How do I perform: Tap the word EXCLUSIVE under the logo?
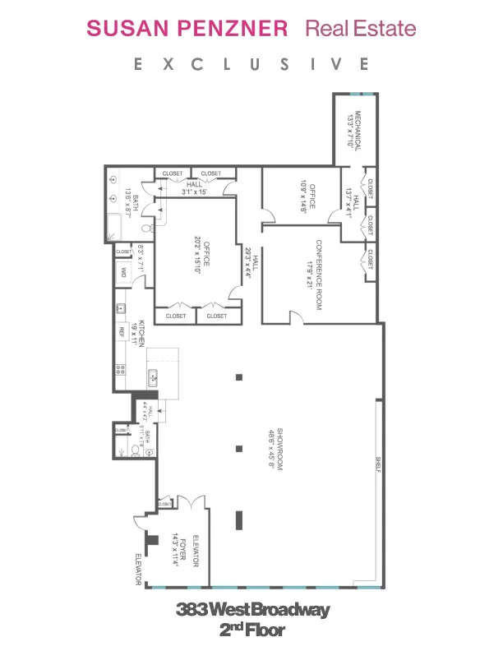(x=251, y=64)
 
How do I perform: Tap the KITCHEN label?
(x=143, y=334)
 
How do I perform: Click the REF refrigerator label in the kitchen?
(x=122, y=332)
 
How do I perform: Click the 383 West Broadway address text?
(x=252, y=610)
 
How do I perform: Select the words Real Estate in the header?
(x=361, y=29)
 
